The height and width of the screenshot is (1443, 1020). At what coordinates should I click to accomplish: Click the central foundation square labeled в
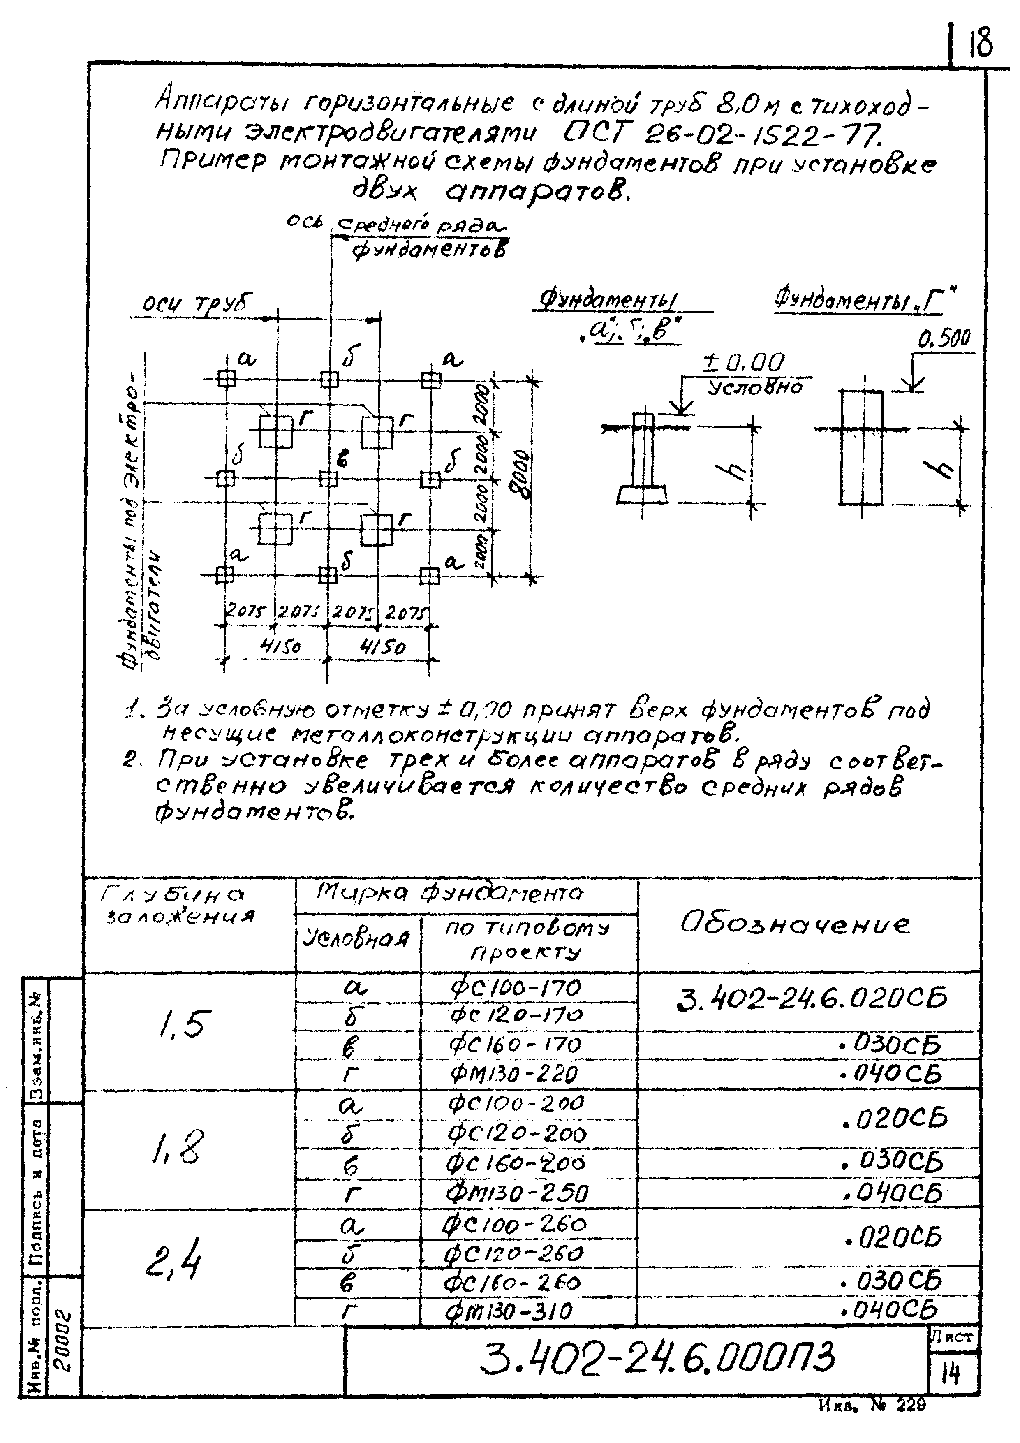328,479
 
